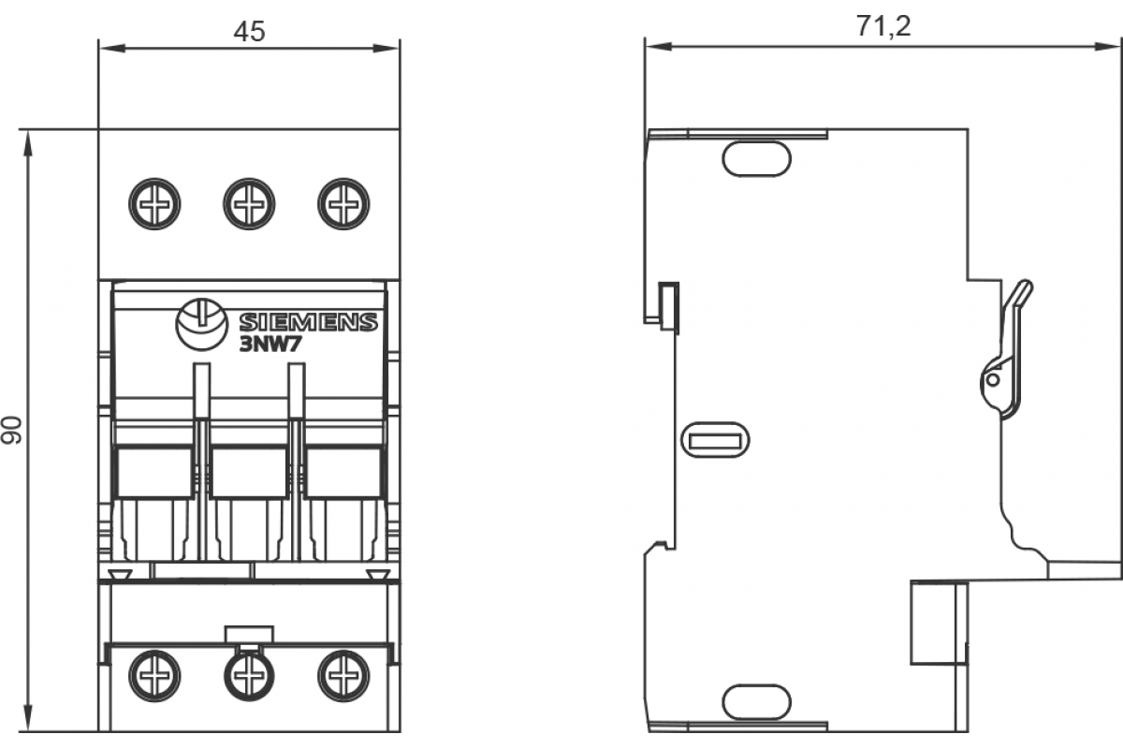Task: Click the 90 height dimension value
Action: [11, 431]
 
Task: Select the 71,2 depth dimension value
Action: [882, 26]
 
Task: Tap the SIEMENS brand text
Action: [309, 323]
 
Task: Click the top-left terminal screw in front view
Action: [155, 203]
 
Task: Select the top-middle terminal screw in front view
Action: [249, 203]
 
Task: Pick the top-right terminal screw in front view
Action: [343, 203]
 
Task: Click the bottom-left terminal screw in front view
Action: [155, 674]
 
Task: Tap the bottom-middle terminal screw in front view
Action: [249, 674]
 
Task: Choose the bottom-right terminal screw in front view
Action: [343, 674]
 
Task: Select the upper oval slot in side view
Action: [756, 158]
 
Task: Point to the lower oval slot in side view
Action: [756, 701]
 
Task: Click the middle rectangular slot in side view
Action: [715, 439]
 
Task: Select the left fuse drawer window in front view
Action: [154, 472]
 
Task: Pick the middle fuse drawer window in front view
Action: [249, 472]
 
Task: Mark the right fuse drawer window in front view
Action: [343, 472]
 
